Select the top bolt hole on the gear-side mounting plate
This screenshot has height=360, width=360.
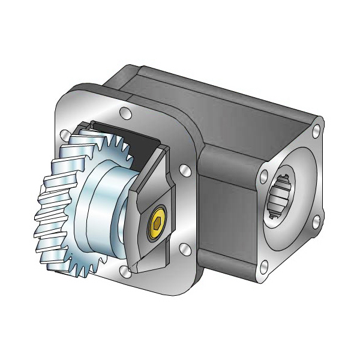125,112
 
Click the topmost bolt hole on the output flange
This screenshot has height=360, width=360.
316,128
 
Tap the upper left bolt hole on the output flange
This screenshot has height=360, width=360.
263,178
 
